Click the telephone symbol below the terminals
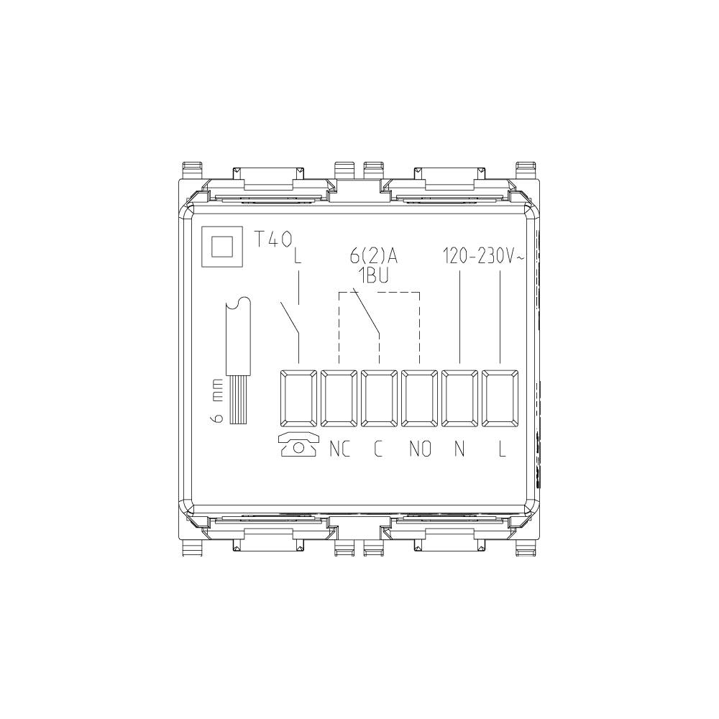298,444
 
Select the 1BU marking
373,277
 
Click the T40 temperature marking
273,239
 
